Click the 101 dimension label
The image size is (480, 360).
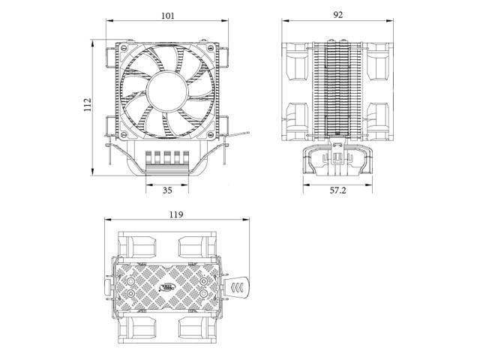pos(168,16)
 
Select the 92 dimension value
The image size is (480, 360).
pos(338,15)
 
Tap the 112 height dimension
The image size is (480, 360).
pos(88,104)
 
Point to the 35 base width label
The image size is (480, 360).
pos(167,190)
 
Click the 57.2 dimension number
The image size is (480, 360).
pos(338,190)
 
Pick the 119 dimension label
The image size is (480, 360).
pos(176,214)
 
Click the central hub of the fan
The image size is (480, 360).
pos(166,91)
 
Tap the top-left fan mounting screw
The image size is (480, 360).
pos(123,48)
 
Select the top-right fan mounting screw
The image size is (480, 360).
pos(211,48)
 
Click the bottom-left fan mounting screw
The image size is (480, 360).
pos(123,134)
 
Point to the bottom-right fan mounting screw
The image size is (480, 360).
pos(211,134)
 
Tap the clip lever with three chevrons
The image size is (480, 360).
pos(237,287)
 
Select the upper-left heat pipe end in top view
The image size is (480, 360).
pos(131,281)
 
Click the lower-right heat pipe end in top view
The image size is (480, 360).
pos(203,294)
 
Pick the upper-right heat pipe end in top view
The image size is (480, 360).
pos(203,281)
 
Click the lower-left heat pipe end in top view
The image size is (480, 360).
pos(131,294)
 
